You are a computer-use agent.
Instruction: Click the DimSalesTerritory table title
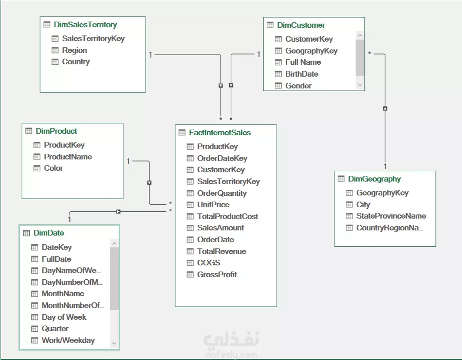pyautogui.click(x=85, y=25)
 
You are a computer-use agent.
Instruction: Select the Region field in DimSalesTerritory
pyautogui.click(x=74, y=50)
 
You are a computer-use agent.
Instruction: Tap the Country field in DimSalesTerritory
pyautogui.click(x=76, y=62)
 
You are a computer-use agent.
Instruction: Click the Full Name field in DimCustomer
pyautogui.click(x=303, y=62)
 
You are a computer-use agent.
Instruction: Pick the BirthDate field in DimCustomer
pyautogui.click(x=302, y=74)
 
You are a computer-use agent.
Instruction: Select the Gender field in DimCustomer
pyautogui.click(x=298, y=86)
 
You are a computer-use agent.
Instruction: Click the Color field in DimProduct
pyautogui.click(x=53, y=168)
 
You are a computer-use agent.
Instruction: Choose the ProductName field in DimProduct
pyautogui.click(x=68, y=156)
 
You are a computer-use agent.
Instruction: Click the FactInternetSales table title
pyautogui.click(x=220, y=133)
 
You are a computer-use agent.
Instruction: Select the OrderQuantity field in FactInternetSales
pyautogui.click(x=222, y=193)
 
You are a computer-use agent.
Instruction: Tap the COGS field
pyautogui.click(x=209, y=263)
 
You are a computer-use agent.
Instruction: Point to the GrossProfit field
pyautogui.click(x=217, y=275)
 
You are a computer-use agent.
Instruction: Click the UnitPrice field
pyautogui.click(x=213, y=205)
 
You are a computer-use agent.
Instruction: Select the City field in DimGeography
pyautogui.click(x=363, y=205)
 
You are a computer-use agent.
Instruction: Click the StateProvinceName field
pyautogui.click(x=391, y=216)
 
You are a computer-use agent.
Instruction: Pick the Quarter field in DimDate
pyautogui.click(x=55, y=329)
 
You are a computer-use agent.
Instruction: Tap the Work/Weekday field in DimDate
pyautogui.click(x=68, y=340)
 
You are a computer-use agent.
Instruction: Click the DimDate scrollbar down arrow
pyautogui.click(x=114, y=343)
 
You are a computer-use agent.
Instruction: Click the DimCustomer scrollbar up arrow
pyautogui.click(x=360, y=35)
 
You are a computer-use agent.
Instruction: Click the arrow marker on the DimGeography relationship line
pyautogui.click(x=385, y=109)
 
